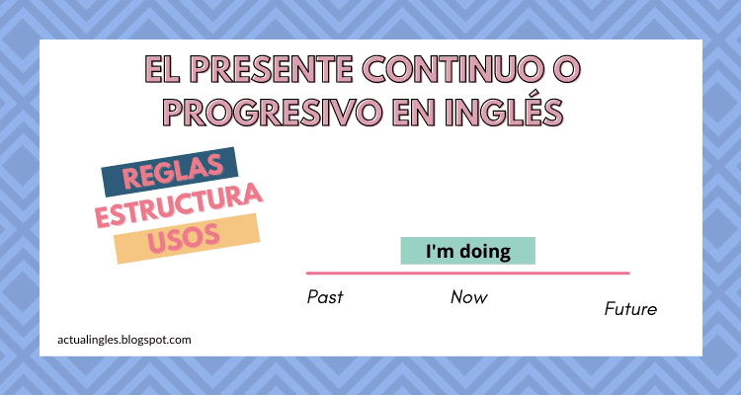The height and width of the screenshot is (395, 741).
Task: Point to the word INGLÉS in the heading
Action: pyautogui.click(x=508, y=112)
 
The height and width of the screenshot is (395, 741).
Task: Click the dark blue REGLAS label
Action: pyautogui.click(x=171, y=175)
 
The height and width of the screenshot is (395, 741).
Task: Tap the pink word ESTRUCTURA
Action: pyautogui.click(x=179, y=207)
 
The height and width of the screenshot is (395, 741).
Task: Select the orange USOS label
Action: pyautogui.click(x=187, y=239)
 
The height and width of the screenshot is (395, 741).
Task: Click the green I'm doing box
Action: pyautogui.click(x=467, y=251)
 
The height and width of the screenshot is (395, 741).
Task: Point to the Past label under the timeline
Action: pyautogui.click(x=325, y=296)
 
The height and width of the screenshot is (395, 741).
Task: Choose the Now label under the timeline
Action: pyautogui.click(x=469, y=296)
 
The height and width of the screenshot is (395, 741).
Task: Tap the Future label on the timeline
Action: pyautogui.click(x=630, y=309)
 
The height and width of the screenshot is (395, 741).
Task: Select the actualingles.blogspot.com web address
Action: pyautogui.click(x=124, y=339)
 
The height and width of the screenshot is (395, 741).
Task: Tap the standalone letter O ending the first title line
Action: pyautogui.click(x=566, y=69)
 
